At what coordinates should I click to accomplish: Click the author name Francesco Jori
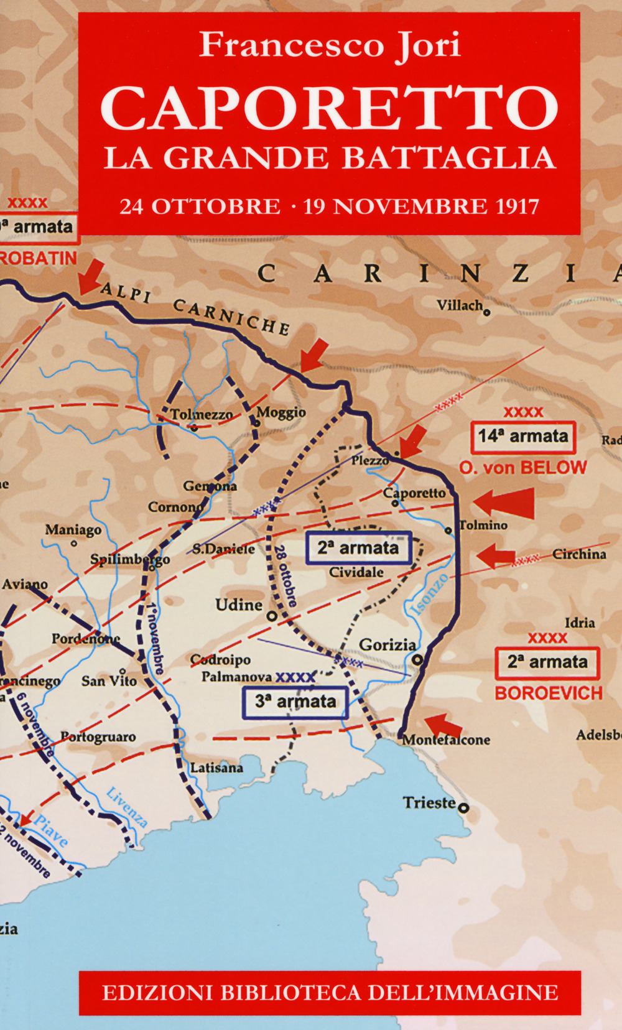pyautogui.click(x=330, y=45)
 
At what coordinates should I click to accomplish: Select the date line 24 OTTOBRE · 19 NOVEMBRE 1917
pyautogui.click(x=329, y=206)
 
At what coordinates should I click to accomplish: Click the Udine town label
pyautogui.click(x=239, y=605)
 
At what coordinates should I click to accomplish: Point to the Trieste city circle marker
pyautogui.click(x=463, y=808)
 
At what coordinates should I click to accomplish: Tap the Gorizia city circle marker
pyautogui.click(x=417, y=659)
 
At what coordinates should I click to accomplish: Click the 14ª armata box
pyautogui.click(x=522, y=437)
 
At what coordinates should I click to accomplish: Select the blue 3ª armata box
pyautogui.click(x=295, y=702)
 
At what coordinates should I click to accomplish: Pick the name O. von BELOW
pyautogui.click(x=523, y=468)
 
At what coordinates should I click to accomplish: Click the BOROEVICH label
pyautogui.click(x=549, y=693)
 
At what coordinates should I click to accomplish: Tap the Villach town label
pyautogui.click(x=460, y=305)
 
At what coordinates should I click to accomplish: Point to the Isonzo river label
pyautogui.click(x=430, y=595)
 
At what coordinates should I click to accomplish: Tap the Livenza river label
pyautogui.click(x=127, y=807)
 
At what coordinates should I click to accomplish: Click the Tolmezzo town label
pyautogui.click(x=202, y=414)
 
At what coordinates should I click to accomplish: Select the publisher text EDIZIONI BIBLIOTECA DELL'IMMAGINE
pyautogui.click(x=330, y=992)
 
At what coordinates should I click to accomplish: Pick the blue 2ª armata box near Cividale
pyautogui.click(x=358, y=548)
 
